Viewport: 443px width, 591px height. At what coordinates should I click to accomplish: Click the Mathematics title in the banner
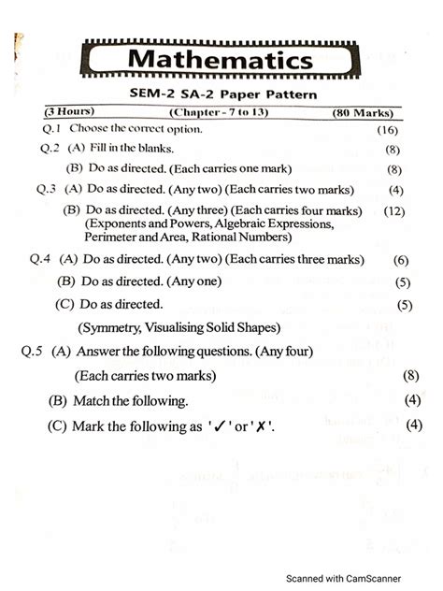coord(220,61)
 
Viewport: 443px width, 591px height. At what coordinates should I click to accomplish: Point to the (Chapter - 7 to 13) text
coord(216,113)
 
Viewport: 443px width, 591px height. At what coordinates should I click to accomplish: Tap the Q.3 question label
coord(48,189)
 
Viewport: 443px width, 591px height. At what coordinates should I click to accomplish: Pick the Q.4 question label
coord(41,259)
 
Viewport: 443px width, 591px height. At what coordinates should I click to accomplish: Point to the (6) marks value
coord(401,260)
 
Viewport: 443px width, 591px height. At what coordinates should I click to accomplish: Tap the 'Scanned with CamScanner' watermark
coord(358,576)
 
